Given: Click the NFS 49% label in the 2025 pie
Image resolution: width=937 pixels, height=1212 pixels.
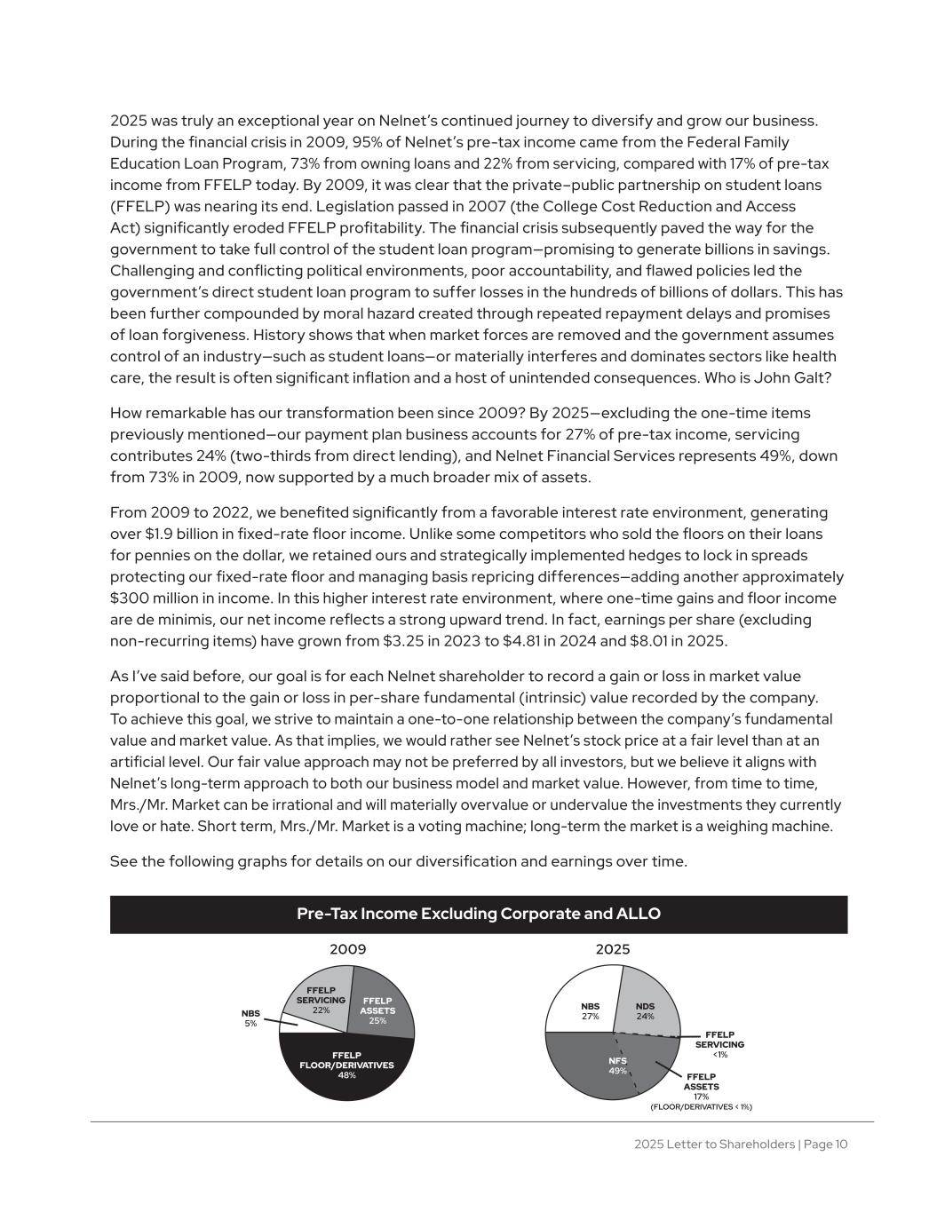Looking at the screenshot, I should click(x=617, y=1065).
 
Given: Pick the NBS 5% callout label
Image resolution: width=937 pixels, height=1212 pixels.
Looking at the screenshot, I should click(x=250, y=1018).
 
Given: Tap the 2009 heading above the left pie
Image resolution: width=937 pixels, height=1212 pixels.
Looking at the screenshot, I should click(x=348, y=949).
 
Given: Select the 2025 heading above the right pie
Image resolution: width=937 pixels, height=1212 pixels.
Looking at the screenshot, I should click(x=613, y=949).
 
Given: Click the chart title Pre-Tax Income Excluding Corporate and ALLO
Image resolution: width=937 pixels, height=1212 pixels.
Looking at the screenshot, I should click(x=479, y=914).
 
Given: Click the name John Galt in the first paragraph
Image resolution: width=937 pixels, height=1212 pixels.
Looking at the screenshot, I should click(x=803, y=377).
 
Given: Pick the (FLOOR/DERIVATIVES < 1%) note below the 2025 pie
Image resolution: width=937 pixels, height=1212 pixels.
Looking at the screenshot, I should click(x=701, y=1106).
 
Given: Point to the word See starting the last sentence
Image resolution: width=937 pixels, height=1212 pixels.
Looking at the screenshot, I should click(x=123, y=861).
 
